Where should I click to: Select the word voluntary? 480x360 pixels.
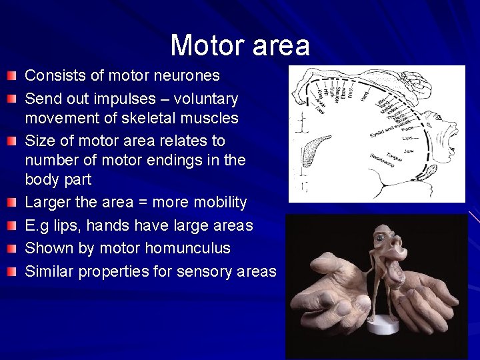[x=207, y=99]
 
